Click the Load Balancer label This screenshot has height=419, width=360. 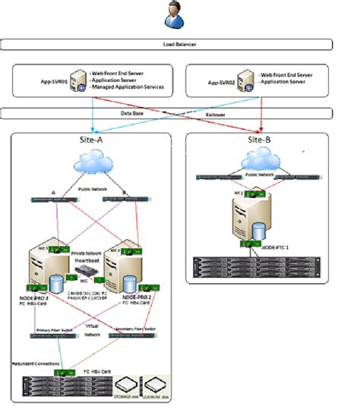pos(179,45)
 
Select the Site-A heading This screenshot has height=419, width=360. pos(93,142)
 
